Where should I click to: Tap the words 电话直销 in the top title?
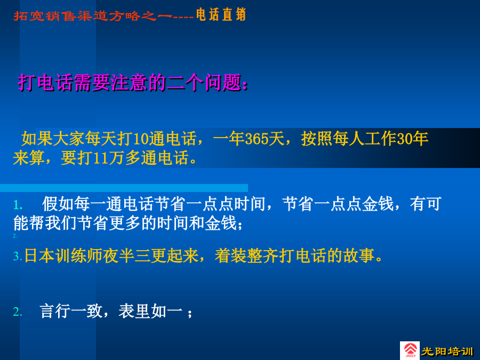tap(221, 15)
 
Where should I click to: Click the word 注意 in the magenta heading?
tap(130, 83)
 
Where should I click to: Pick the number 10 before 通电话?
tap(140, 139)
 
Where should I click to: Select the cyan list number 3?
tap(18, 256)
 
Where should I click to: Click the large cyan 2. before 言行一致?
tap(18, 312)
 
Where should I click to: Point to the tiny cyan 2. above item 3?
tap(15, 236)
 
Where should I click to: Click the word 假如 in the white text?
tap(58, 204)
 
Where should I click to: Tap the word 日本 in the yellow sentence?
tap(39, 255)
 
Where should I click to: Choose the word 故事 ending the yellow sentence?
tap(359, 255)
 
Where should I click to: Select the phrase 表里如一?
tap(150, 311)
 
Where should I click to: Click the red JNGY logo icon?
tap(410, 350)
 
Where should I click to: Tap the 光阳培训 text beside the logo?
tap(447, 351)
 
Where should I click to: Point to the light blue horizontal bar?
tap(124, 188)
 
